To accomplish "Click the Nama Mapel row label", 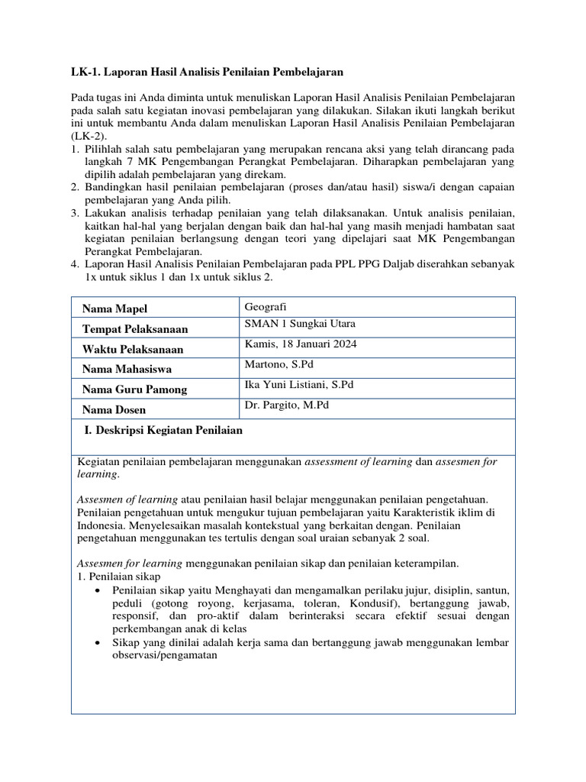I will coord(114,309).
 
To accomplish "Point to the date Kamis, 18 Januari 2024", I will coord(301,344).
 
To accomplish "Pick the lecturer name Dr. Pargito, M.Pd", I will coord(288,405).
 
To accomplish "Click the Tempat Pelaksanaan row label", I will coord(135,329).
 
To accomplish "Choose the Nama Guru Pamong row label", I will coord(134,389).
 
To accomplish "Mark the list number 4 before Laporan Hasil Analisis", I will coord(75,263).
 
